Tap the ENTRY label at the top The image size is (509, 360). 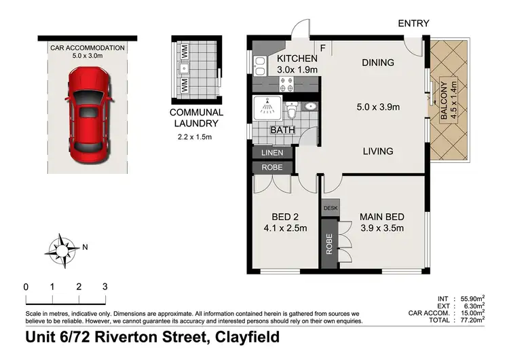(x=413, y=23)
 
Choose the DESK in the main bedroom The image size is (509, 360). (x=331, y=208)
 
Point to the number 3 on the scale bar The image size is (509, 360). (x=105, y=287)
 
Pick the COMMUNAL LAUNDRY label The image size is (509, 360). (x=196, y=118)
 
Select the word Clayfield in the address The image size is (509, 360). (x=245, y=337)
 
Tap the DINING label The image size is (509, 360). (x=378, y=62)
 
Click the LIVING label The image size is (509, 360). (x=377, y=151)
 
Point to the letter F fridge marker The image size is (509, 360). (x=322, y=48)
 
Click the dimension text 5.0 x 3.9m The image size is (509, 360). (x=378, y=107)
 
